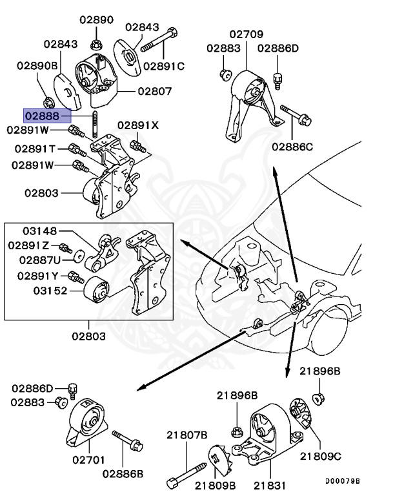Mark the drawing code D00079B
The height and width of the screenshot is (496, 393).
[x=342, y=481]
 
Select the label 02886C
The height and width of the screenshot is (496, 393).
[x=292, y=147]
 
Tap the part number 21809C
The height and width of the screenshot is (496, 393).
[x=320, y=456]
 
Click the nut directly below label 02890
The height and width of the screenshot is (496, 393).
[x=95, y=45]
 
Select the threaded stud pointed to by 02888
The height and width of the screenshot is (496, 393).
[x=95, y=123]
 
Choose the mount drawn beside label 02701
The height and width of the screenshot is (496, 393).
[x=86, y=426]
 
